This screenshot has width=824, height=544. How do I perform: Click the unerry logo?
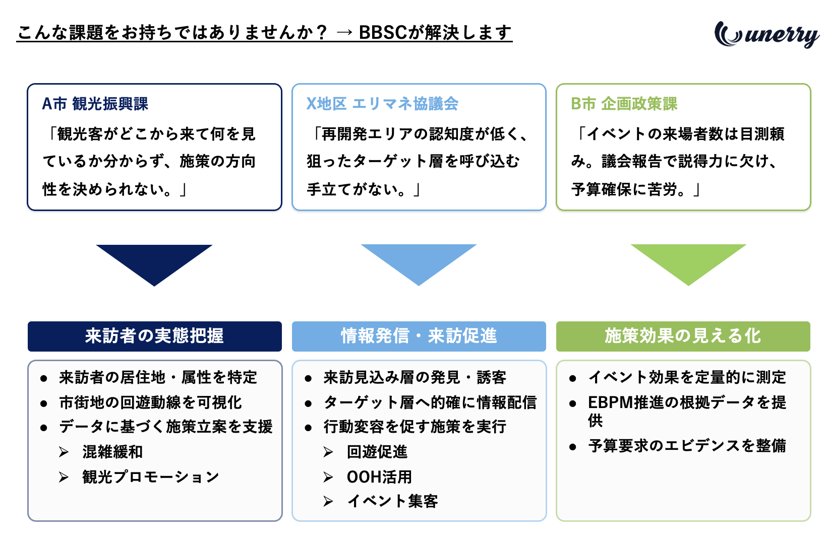[767, 34]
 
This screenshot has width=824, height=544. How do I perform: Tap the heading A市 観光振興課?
[95, 104]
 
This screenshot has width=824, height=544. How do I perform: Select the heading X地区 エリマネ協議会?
[382, 104]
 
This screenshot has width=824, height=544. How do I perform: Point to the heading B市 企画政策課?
[624, 104]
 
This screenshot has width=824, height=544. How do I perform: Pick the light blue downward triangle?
[419, 265]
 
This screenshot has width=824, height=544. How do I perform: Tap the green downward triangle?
[689, 265]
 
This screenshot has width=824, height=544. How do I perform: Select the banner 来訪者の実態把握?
[154, 336]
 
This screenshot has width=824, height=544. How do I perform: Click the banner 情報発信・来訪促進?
[419, 336]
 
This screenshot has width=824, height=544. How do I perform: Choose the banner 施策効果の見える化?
[683, 336]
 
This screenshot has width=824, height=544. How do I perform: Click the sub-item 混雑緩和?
[112, 452]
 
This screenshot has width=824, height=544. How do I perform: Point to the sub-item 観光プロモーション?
[150, 477]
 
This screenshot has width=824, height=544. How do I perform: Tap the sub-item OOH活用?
[379, 477]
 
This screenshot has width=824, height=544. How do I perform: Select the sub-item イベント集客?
[392, 501]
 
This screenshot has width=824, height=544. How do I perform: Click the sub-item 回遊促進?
[377, 452]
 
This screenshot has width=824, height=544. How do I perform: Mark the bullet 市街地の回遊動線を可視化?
[150, 402]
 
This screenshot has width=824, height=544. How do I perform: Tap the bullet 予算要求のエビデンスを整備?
[687, 446]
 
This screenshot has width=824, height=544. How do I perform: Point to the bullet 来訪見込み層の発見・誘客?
[415, 377]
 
